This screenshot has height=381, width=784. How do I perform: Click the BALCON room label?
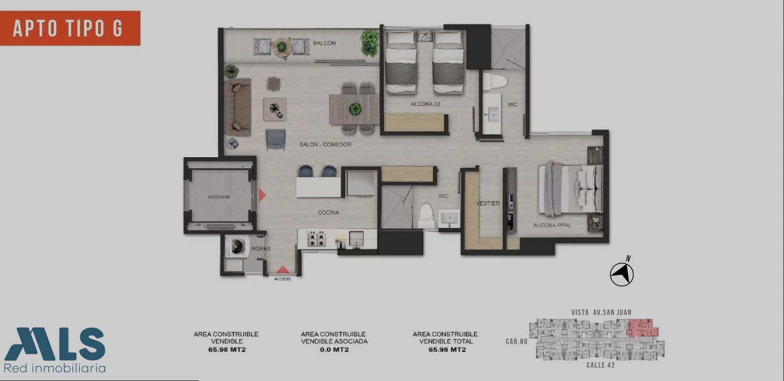tap(324, 43)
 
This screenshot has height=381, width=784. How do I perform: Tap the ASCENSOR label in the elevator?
tap(219, 197)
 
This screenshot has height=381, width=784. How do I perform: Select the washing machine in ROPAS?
tap(237, 246)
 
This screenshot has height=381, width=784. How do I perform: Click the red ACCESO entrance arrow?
tap(283, 270)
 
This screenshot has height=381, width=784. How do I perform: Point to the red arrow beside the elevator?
tap(262, 195)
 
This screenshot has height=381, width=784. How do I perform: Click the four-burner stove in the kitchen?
tap(316, 239)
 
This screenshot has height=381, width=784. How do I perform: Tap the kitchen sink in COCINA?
tap(356, 239)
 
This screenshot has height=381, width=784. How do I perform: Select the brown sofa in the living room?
tap(237, 107)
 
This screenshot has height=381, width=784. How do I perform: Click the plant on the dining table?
tap(355, 109)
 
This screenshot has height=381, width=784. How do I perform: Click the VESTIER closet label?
tap(488, 203)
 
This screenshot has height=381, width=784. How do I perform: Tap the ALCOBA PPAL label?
tap(552, 225)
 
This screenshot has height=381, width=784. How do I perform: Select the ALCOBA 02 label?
tap(425, 104)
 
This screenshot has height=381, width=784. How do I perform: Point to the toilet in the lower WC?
tap(426, 215)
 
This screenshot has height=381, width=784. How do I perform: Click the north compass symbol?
tap(622, 274)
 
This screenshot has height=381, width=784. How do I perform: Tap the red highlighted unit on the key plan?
tap(643, 328)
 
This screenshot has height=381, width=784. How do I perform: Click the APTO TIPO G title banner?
tap(70, 28)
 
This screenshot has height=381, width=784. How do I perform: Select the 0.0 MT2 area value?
tap(334, 350)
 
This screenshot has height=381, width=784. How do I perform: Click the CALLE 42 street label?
tap(601, 365)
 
